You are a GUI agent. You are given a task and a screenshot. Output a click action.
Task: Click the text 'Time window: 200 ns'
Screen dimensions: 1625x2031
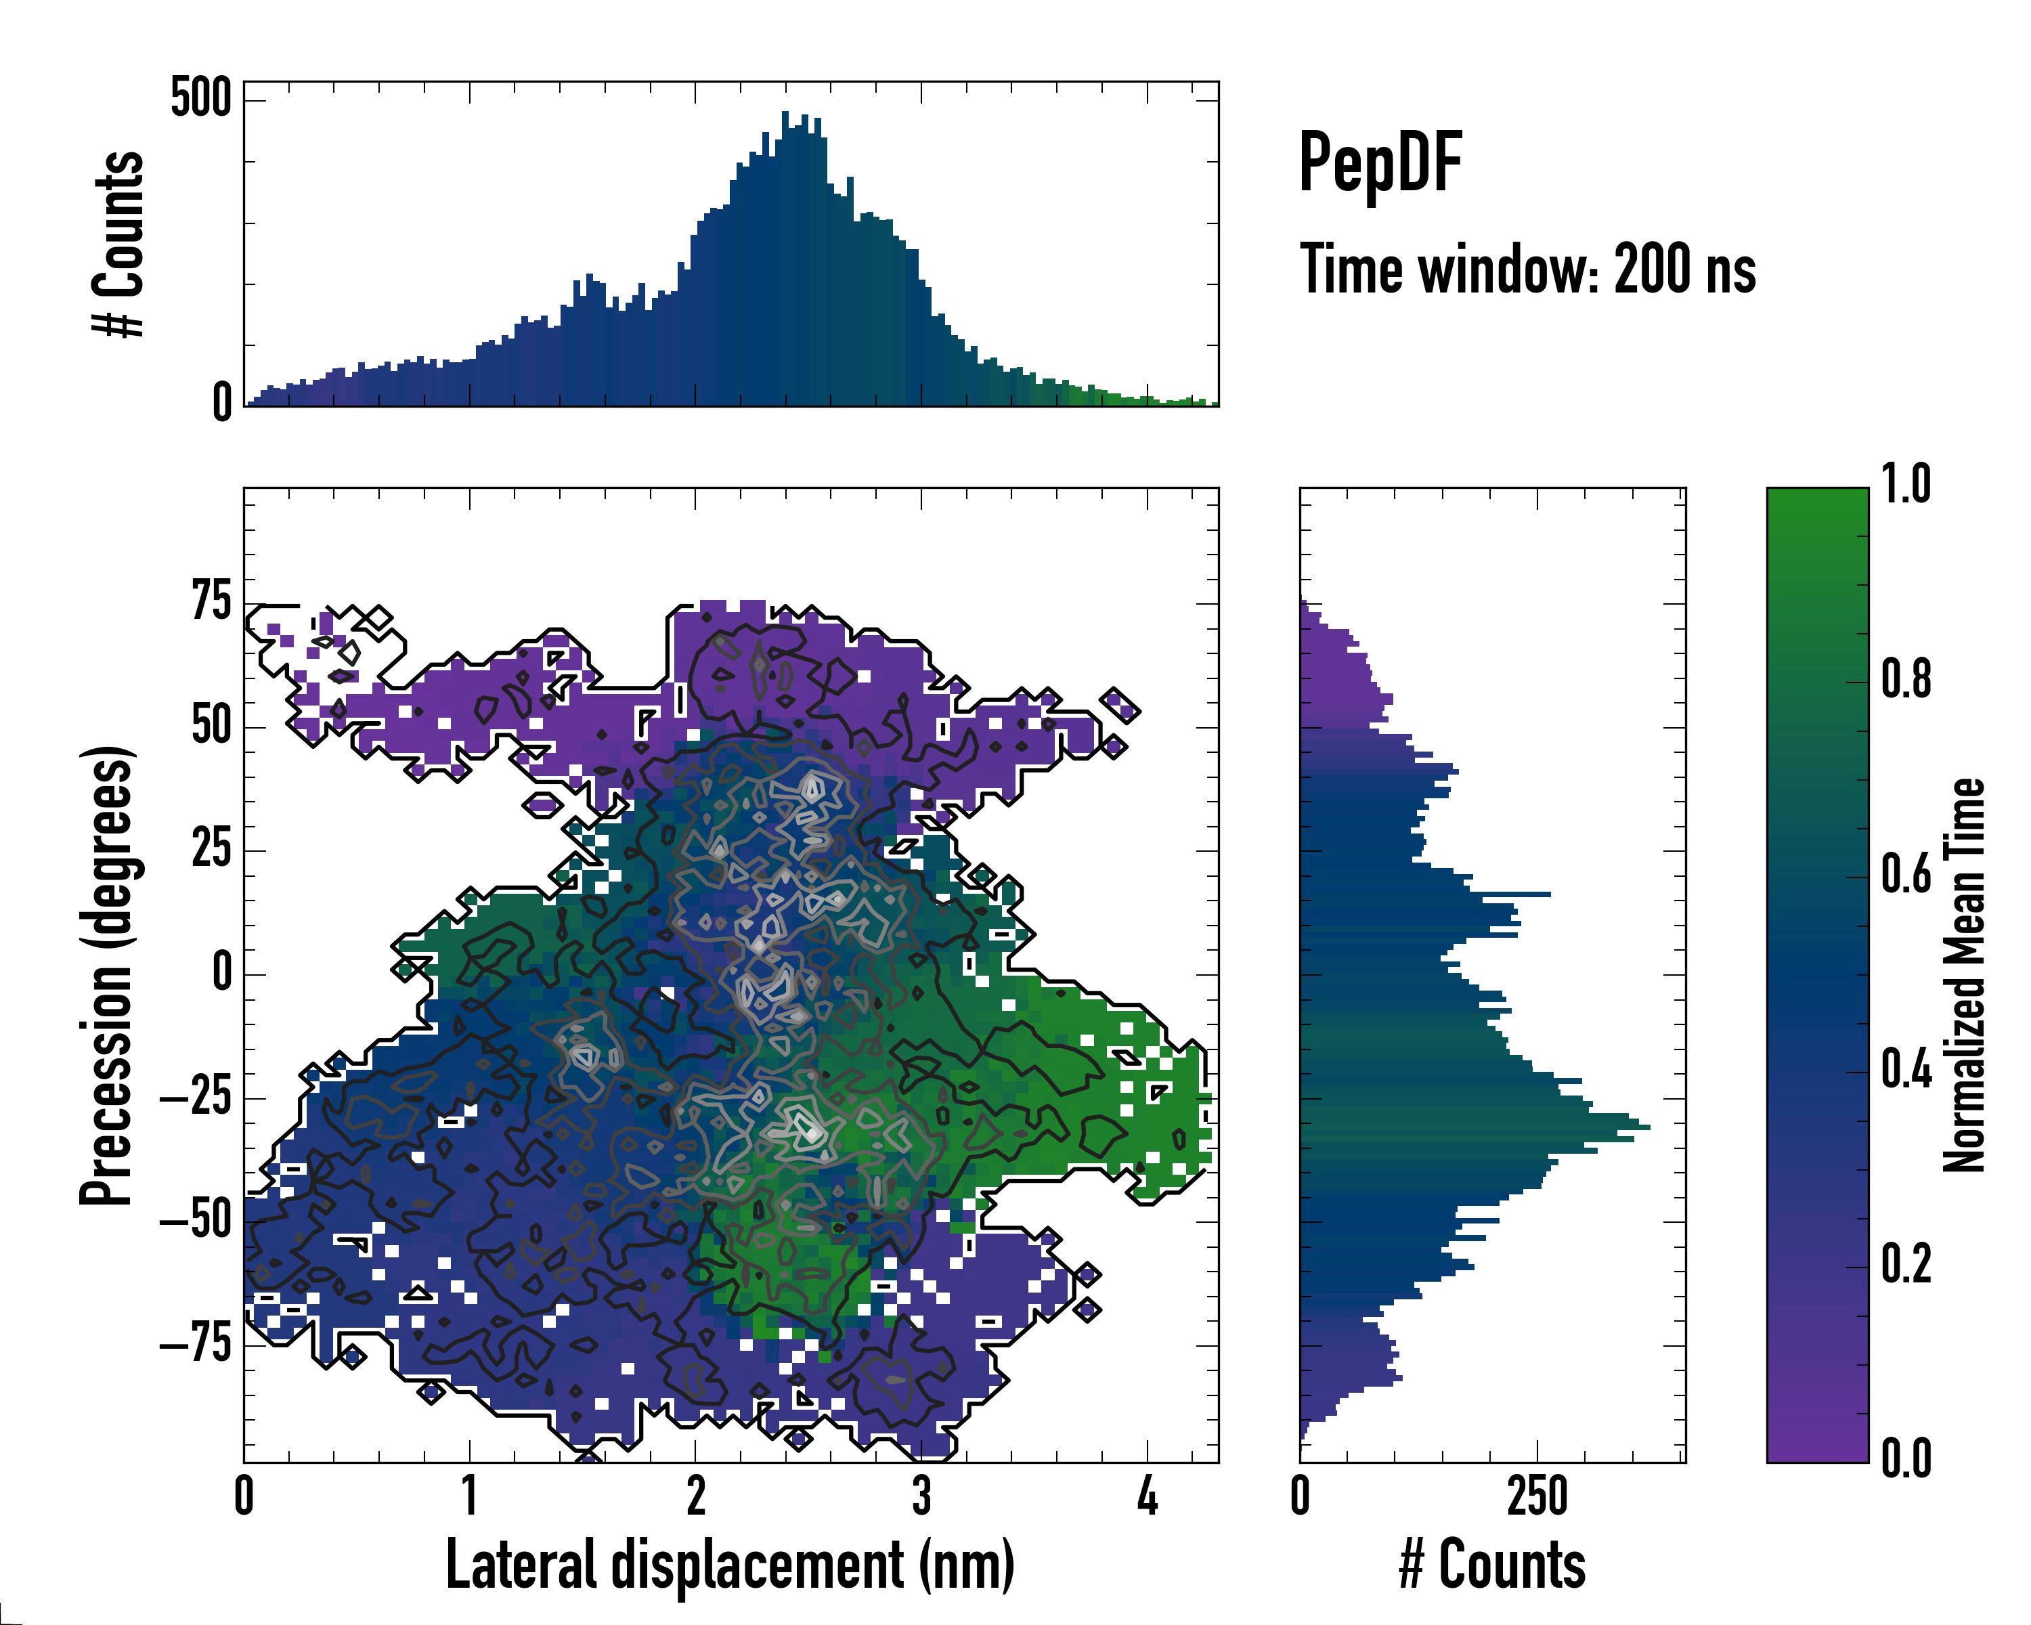point(1527,270)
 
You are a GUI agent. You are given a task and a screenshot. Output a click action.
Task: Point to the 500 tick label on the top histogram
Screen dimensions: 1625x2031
point(200,98)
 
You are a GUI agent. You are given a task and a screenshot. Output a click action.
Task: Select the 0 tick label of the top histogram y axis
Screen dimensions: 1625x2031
point(221,403)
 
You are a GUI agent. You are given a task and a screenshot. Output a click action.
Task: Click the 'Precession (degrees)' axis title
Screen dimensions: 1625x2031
point(106,975)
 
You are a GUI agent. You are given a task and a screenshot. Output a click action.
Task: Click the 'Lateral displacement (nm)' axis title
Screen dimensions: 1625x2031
point(730,1565)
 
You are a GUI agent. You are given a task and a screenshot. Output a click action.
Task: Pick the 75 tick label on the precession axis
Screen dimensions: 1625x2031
point(211,601)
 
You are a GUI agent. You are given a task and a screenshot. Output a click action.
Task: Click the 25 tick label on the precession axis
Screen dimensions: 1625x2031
point(211,849)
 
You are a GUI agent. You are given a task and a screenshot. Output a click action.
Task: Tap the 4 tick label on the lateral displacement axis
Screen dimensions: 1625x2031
point(1146,1496)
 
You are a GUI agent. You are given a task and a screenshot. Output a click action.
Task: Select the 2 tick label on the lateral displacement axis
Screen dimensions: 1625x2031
point(695,1496)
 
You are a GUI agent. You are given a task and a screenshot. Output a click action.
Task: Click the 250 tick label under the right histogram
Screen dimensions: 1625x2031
point(1537,1496)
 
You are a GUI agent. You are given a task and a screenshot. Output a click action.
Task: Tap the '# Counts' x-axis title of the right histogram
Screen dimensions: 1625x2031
point(1492,1565)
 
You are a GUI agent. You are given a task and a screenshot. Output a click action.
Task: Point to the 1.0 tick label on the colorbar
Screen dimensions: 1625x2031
point(1906,484)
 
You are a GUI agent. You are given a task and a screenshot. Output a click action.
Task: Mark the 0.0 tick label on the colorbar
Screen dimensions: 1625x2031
point(1906,1458)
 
